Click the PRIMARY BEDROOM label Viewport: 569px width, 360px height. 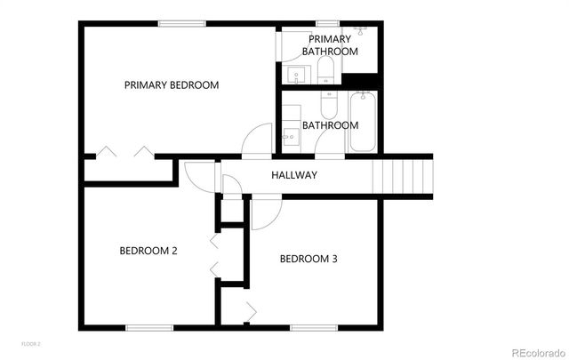[x=172, y=85]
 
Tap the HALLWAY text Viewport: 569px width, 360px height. [x=293, y=175]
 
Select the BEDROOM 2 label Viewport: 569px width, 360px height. [x=148, y=251]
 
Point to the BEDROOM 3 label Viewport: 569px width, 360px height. [x=309, y=260]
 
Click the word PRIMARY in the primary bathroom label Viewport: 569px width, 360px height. [x=330, y=39]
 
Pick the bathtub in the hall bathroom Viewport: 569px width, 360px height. [x=363, y=124]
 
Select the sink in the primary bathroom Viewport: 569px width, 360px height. [x=294, y=74]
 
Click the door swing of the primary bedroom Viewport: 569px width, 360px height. [x=258, y=140]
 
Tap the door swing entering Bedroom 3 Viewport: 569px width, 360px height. [x=264, y=213]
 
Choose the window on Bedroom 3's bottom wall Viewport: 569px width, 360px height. [x=313, y=327]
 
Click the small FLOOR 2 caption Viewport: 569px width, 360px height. [x=32, y=342]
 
